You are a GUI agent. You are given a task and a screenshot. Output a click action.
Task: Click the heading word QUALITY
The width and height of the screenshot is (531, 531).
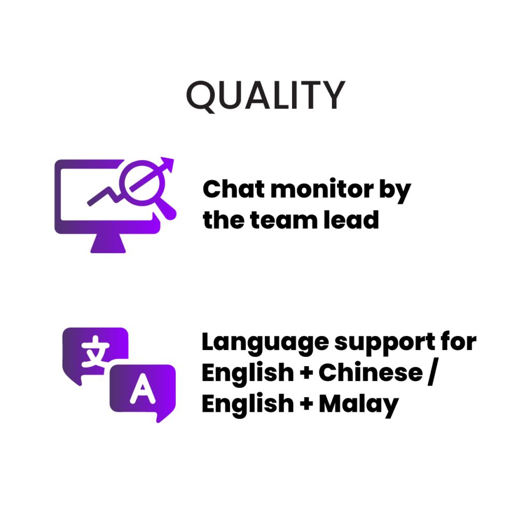[266, 96]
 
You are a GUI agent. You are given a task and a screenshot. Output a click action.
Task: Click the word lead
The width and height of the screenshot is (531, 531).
[351, 220]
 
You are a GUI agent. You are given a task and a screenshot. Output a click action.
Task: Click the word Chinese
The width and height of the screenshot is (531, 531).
[370, 372]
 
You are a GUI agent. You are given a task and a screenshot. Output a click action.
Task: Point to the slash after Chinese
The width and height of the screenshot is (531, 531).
[433, 372]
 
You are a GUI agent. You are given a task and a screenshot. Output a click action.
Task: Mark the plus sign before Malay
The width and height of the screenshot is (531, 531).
[306, 404]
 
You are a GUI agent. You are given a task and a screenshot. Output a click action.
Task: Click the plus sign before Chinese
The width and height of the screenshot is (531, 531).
[306, 373]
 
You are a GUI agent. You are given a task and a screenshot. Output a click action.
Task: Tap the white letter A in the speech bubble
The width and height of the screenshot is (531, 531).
[143, 389]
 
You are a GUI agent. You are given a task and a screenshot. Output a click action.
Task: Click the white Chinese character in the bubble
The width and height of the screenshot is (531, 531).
[95, 351]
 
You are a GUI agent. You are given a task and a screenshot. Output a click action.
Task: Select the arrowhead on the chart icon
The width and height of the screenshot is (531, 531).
[167, 164]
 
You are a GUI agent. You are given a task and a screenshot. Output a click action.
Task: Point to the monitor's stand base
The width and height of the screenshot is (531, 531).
[108, 243]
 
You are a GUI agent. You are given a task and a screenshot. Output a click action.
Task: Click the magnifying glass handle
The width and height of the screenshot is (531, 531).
[166, 208]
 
